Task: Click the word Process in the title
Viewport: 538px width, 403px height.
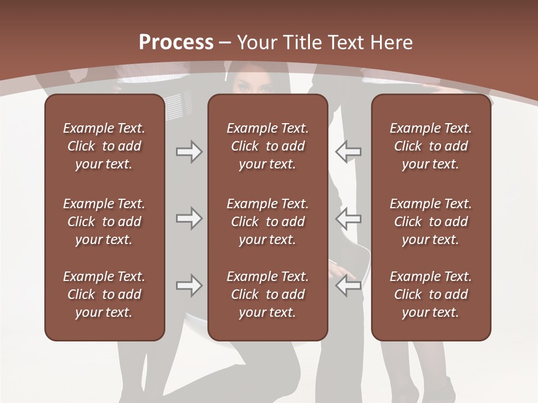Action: click(176, 43)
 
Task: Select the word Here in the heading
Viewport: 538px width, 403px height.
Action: click(392, 43)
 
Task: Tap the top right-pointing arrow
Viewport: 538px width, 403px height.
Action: click(189, 152)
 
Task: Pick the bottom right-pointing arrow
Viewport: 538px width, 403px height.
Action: click(189, 285)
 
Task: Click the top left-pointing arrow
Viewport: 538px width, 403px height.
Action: click(348, 152)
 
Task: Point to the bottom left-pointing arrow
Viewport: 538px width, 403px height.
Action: click(348, 285)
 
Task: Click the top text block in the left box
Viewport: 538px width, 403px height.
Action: click(104, 146)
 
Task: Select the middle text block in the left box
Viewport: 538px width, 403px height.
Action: click(104, 222)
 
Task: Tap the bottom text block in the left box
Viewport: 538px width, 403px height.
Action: click(104, 294)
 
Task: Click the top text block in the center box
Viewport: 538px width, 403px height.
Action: click(267, 146)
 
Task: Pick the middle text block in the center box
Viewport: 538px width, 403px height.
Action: click(267, 222)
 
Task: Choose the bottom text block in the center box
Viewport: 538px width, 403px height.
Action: click(267, 294)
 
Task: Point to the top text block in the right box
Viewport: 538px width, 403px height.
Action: click(430, 146)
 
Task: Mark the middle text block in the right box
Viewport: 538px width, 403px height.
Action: click(430, 222)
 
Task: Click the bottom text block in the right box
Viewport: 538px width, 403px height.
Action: click(430, 294)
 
